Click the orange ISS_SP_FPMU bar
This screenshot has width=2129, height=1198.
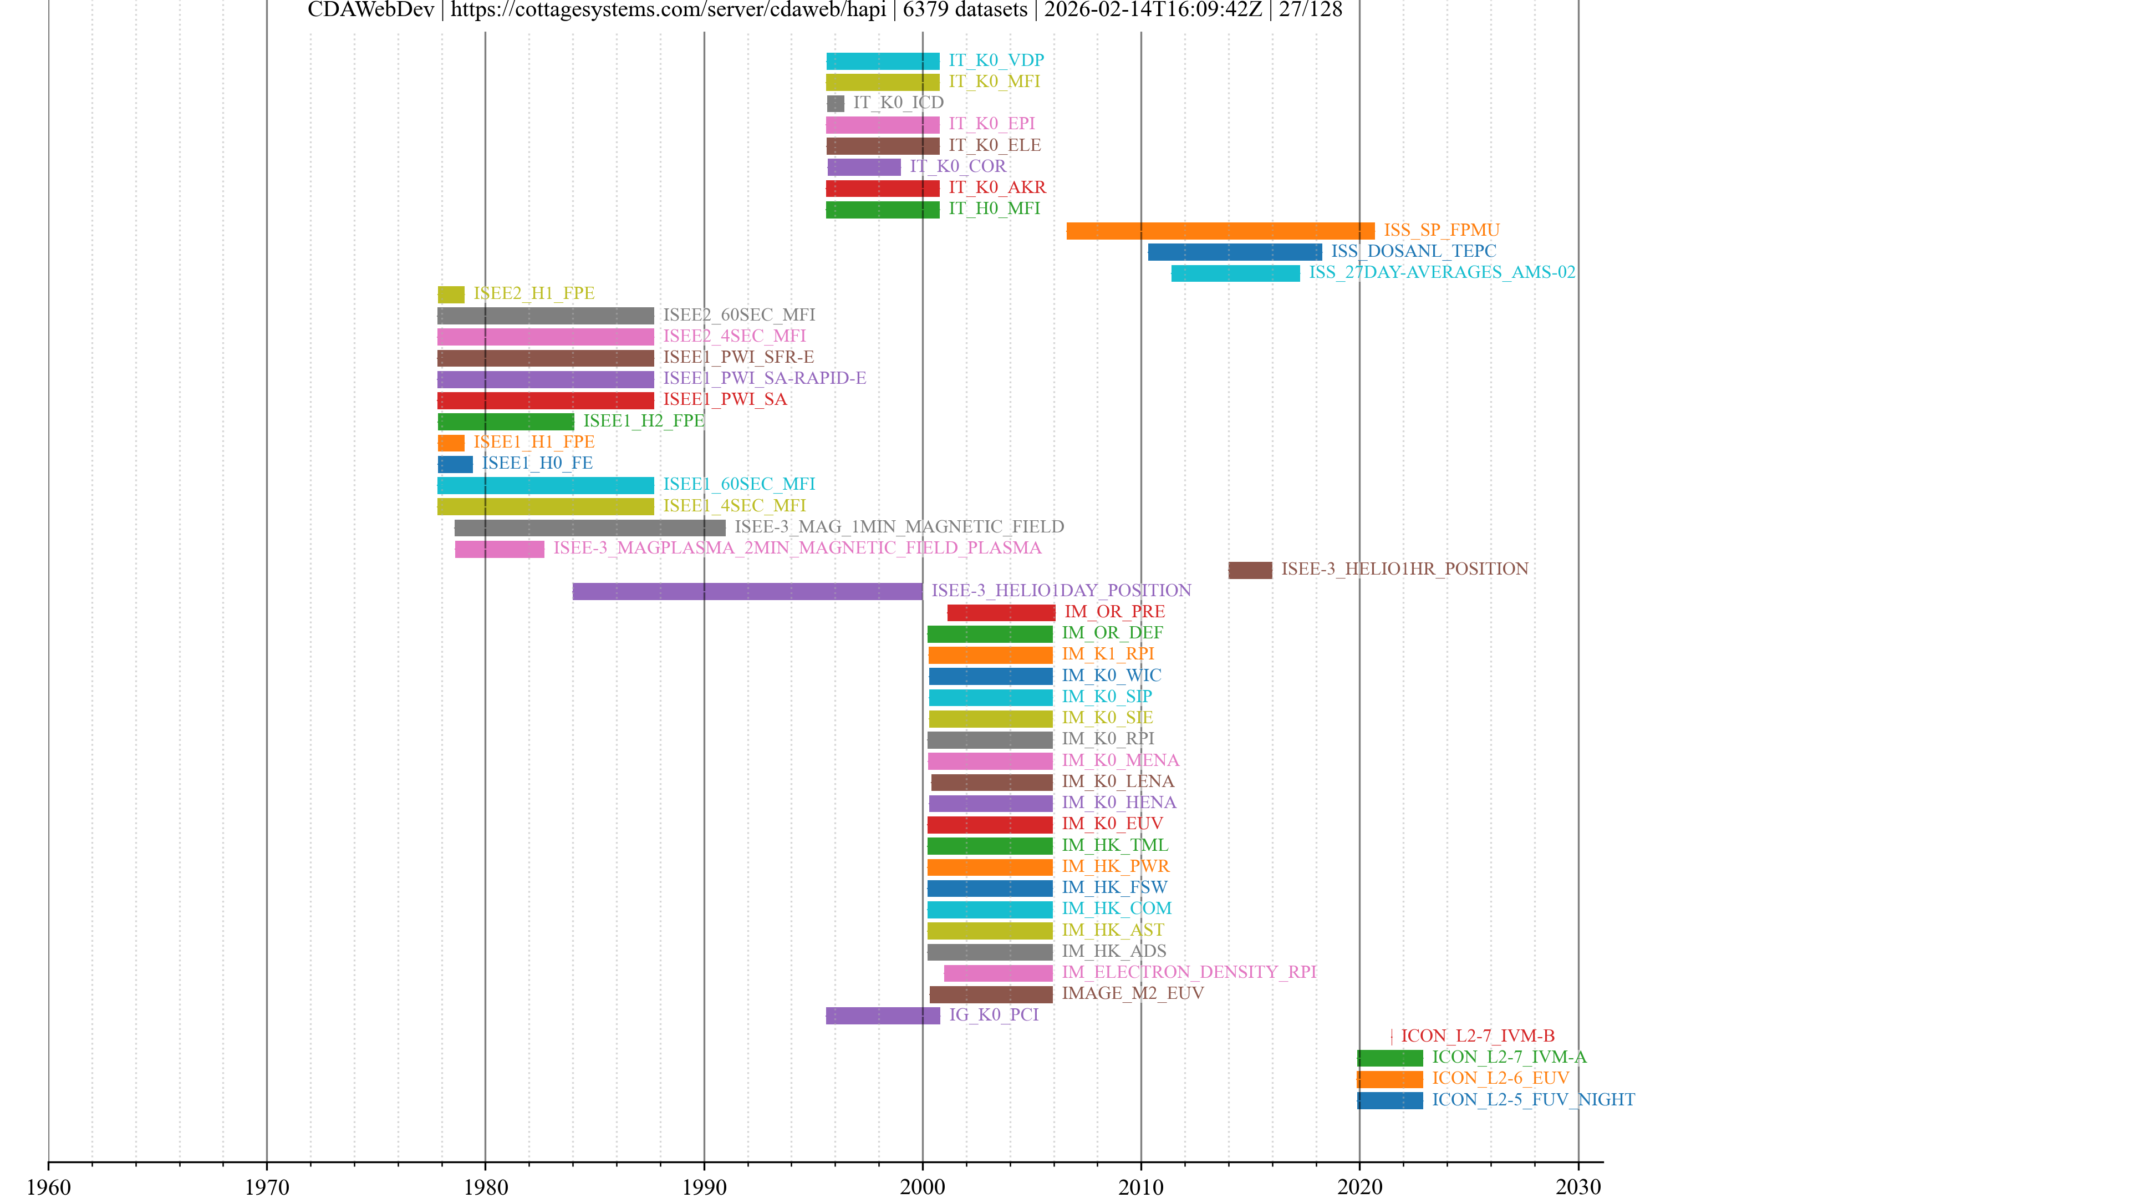click(1220, 231)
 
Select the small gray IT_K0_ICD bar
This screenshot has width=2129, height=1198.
click(836, 103)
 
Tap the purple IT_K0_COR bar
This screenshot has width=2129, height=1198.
click(864, 167)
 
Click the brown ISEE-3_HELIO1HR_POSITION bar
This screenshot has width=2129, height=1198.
click(1250, 570)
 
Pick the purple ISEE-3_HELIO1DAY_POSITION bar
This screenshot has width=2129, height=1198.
click(747, 591)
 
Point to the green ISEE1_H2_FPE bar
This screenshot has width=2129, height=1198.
click(506, 422)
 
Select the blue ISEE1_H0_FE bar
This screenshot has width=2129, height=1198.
click(455, 464)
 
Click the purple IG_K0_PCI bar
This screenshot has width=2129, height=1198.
click(883, 1016)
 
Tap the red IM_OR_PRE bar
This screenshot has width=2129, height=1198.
click(1001, 613)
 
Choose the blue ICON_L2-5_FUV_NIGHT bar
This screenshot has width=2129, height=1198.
click(1390, 1100)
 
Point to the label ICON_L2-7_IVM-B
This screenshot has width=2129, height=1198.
click(1478, 1036)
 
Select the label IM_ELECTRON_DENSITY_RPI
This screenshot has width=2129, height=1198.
click(1189, 972)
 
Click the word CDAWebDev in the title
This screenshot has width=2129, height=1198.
click(370, 10)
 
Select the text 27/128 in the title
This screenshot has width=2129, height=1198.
click(1311, 10)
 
